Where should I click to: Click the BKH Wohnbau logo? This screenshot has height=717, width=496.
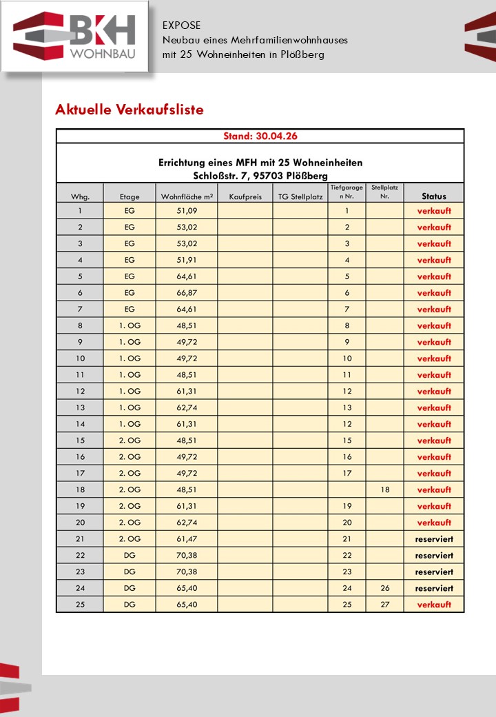pos(74,37)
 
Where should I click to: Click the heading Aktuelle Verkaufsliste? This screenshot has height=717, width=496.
pos(129,110)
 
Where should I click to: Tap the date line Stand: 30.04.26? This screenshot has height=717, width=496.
pos(260,136)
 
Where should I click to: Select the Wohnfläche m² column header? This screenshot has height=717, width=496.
pos(187,196)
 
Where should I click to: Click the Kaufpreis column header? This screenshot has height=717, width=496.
pos(245,196)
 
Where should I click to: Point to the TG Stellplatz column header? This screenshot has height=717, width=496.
pos(300,196)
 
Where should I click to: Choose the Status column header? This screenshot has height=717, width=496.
pos(434,196)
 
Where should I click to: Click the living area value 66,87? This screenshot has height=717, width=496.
pos(187,293)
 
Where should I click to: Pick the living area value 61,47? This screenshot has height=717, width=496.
pos(187,539)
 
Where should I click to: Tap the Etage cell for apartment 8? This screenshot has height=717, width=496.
pos(130,326)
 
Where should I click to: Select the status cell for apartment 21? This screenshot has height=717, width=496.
pos(434,539)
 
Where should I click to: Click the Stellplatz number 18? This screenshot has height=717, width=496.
pos(384,489)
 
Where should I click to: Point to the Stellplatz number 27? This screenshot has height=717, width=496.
pos(384,605)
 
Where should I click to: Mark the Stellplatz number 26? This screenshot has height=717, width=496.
pos(384,588)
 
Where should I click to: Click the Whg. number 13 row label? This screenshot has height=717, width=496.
pos(80,407)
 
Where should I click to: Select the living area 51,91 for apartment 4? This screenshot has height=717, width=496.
pos(187,260)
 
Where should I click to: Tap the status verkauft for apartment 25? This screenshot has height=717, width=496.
pos(434,605)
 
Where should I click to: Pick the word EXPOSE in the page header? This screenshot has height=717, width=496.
pos(182,25)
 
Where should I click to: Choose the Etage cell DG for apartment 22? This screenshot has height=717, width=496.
pos(130,556)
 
